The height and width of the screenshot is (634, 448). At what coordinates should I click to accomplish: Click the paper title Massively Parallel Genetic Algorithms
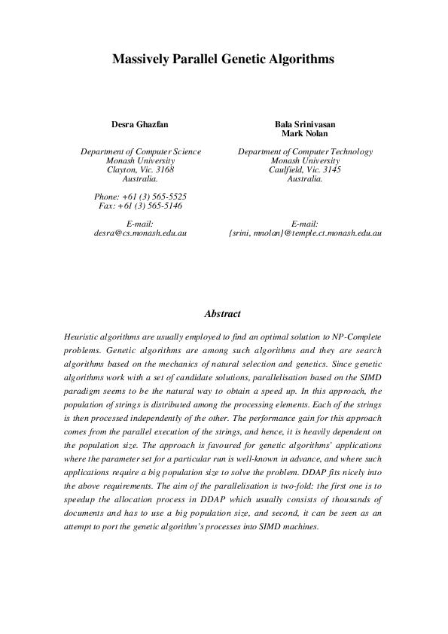point(223,57)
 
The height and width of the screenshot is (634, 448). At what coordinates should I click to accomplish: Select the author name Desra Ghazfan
point(141,125)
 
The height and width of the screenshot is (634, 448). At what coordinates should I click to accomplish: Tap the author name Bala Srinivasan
point(305,125)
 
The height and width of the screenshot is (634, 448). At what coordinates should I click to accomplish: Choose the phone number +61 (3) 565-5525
point(141,196)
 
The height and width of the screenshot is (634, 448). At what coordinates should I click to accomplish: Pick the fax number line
point(141,205)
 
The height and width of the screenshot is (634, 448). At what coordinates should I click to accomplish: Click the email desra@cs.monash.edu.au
point(141,233)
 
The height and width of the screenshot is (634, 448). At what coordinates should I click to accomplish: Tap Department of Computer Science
point(141,151)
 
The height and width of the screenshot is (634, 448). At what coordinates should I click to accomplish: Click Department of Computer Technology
point(305,151)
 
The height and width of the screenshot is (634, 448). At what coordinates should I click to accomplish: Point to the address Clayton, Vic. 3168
point(141,169)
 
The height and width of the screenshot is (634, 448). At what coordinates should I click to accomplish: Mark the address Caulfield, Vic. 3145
point(305,169)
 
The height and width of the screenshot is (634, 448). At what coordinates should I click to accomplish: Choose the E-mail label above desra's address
point(141,224)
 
